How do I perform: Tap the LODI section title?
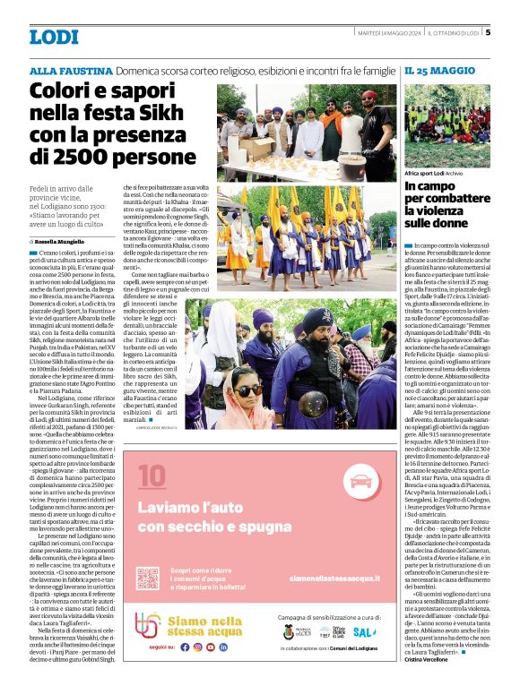(54, 37)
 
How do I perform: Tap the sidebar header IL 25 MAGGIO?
(439, 70)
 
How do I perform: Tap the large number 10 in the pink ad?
(152, 474)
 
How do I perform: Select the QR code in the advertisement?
(150, 579)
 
